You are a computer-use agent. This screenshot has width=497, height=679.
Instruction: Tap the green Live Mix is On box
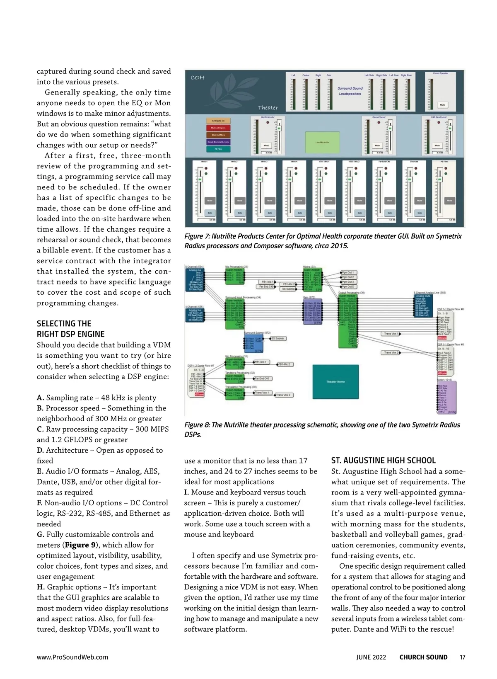coord(322,142)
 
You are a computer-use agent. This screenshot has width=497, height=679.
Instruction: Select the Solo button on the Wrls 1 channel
coord(210,213)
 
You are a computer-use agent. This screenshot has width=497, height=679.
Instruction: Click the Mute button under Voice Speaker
coord(442,105)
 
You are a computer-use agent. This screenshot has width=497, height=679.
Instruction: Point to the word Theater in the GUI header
coord(268,108)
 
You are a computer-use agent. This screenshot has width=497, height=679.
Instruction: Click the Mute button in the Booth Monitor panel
coord(266,145)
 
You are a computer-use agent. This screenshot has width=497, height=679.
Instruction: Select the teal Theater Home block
coord(335,381)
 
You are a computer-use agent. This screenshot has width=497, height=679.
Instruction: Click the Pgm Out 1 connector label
coord(348,273)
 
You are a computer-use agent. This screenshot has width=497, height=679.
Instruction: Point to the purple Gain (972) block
coord(313,311)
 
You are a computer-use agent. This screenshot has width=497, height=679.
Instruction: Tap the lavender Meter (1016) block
coord(447,397)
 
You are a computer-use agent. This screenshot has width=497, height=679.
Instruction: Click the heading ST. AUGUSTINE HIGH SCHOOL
coord(383,460)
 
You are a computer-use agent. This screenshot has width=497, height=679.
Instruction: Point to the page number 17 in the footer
coord(463,657)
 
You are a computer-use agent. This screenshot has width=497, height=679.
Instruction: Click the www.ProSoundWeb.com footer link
coord(72,657)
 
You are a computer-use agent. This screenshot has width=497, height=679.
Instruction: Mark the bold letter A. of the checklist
coord(41,398)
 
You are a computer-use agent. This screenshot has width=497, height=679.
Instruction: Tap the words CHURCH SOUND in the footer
coord(423,657)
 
